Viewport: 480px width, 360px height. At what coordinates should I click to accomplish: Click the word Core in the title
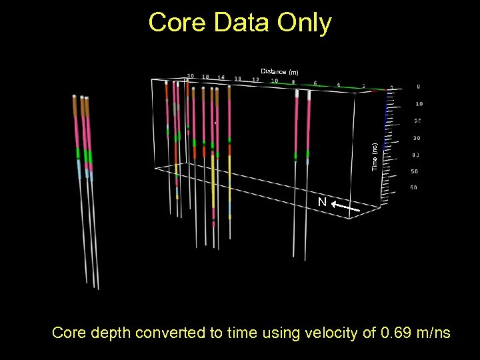[x=175, y=23]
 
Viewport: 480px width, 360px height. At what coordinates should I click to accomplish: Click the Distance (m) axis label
[x=279, y=71]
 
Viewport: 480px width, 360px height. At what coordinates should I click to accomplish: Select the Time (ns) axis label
[x=375, y=156]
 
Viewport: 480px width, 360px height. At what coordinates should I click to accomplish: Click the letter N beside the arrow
[x=322, y=202]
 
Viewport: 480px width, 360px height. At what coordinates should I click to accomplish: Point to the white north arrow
[x=346, y=209]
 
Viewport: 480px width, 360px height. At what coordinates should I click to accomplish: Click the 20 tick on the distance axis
[x=190, y=76]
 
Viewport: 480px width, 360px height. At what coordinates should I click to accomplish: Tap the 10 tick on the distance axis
[x=274, y=81]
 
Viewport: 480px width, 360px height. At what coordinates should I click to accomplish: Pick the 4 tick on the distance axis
[x=338, y=85]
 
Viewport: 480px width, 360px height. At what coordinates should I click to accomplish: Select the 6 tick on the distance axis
[x=315, y=84]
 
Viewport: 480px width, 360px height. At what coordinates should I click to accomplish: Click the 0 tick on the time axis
[x=418, y=87]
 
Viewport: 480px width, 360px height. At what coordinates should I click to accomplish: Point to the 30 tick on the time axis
[x=417, y=138]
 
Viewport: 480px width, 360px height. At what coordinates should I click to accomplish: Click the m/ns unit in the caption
[x=430, y=332]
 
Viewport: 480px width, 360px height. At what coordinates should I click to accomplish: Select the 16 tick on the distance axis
[x=221, y=77]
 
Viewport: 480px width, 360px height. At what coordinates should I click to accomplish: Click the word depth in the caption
[x=110, y=332]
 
